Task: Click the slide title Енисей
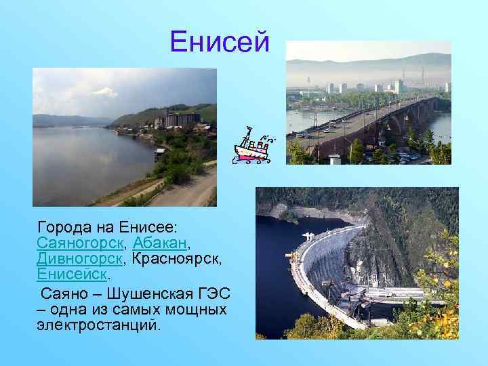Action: (x=220, y=43)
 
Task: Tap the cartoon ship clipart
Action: (x=251, y=145)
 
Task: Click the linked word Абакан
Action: (x=161, y=241)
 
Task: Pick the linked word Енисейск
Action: (x=72, y=275)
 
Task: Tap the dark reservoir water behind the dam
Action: (x=278, y=258)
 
